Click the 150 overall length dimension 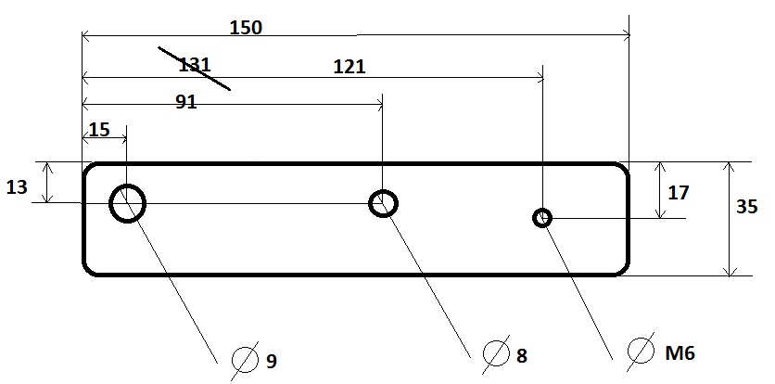pyautogui.click(x=246, y=28)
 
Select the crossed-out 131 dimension pyautogui.click(x=195, y=65)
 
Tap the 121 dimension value pyautogui.click(x=349, y=66)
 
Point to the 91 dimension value pyautogui.click(x=186, y=101)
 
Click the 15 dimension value pyautogui.click(x=99, y=130)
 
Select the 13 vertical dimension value pyautogui.click(x=17, y=187)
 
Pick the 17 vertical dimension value pyautogui.click(x=679, y=193)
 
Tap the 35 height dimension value pyautogui.click(x=746, y=206)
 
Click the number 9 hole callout pyautogui.click(x=272, y=362)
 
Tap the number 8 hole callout pyautogui.click(x=521, y=355)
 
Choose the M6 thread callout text pyautogui.click(x=680, y=352)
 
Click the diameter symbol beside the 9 pyautogui.click(x=245, y=361)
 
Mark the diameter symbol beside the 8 pyautogui.click(x=496, y=353)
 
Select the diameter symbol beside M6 pyautogui.click(x=642, y=352)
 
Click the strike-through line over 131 pyautogui.click(x=195, y=69)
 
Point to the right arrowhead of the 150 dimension pyautogui.click(x=627, y=35)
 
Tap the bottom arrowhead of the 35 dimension pyautogui.click(x=730, y=271)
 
